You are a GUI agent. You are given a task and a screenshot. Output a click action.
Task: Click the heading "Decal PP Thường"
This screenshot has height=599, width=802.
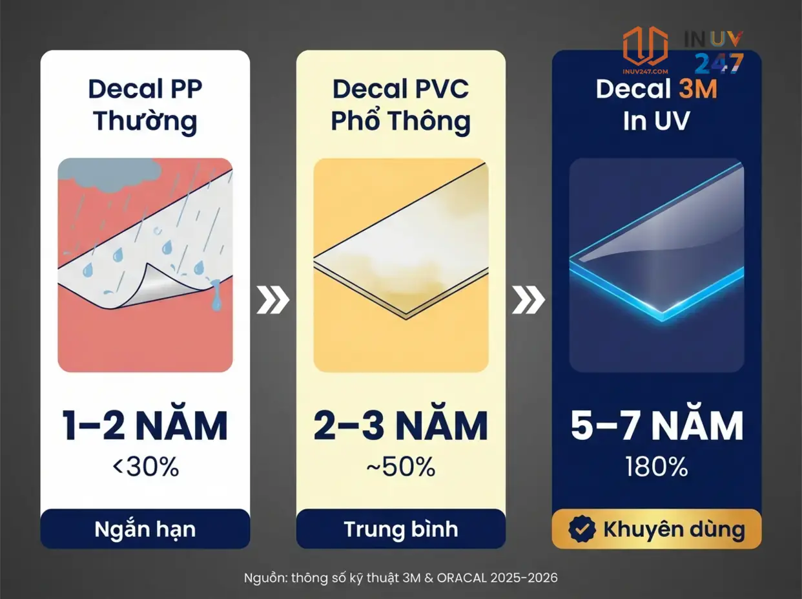(x=145, y=104)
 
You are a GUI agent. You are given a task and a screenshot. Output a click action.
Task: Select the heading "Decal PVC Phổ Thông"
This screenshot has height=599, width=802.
(x=400, y=104)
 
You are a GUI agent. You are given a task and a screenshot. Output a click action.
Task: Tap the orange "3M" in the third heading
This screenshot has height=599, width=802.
(x=697, y=89)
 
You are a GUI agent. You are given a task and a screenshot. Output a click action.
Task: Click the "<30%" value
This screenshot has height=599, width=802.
(x=145, y=467)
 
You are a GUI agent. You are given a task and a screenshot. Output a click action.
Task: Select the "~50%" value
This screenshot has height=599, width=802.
(x=400, y=467)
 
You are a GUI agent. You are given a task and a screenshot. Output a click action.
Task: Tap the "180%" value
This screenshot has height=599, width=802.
(x=657, y=467)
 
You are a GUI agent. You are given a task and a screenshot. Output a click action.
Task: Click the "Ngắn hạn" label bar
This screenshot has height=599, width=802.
(x=145, y=529)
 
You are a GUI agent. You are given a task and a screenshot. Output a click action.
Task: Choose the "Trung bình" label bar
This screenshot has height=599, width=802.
(x=400, y=529)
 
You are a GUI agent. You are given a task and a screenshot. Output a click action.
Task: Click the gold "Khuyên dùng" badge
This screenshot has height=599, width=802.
(x=657, y=529)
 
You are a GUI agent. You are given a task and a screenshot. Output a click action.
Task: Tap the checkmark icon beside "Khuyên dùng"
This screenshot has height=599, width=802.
(x=582, y=529)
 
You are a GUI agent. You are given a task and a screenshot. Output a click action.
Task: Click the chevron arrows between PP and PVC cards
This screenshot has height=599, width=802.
(x=272, y=300)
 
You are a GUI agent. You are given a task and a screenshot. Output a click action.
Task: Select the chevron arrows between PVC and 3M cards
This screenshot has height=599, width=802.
(x=528, y=300)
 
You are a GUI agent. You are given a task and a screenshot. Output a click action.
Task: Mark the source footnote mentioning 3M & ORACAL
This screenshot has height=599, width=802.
(x=400, y=578)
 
